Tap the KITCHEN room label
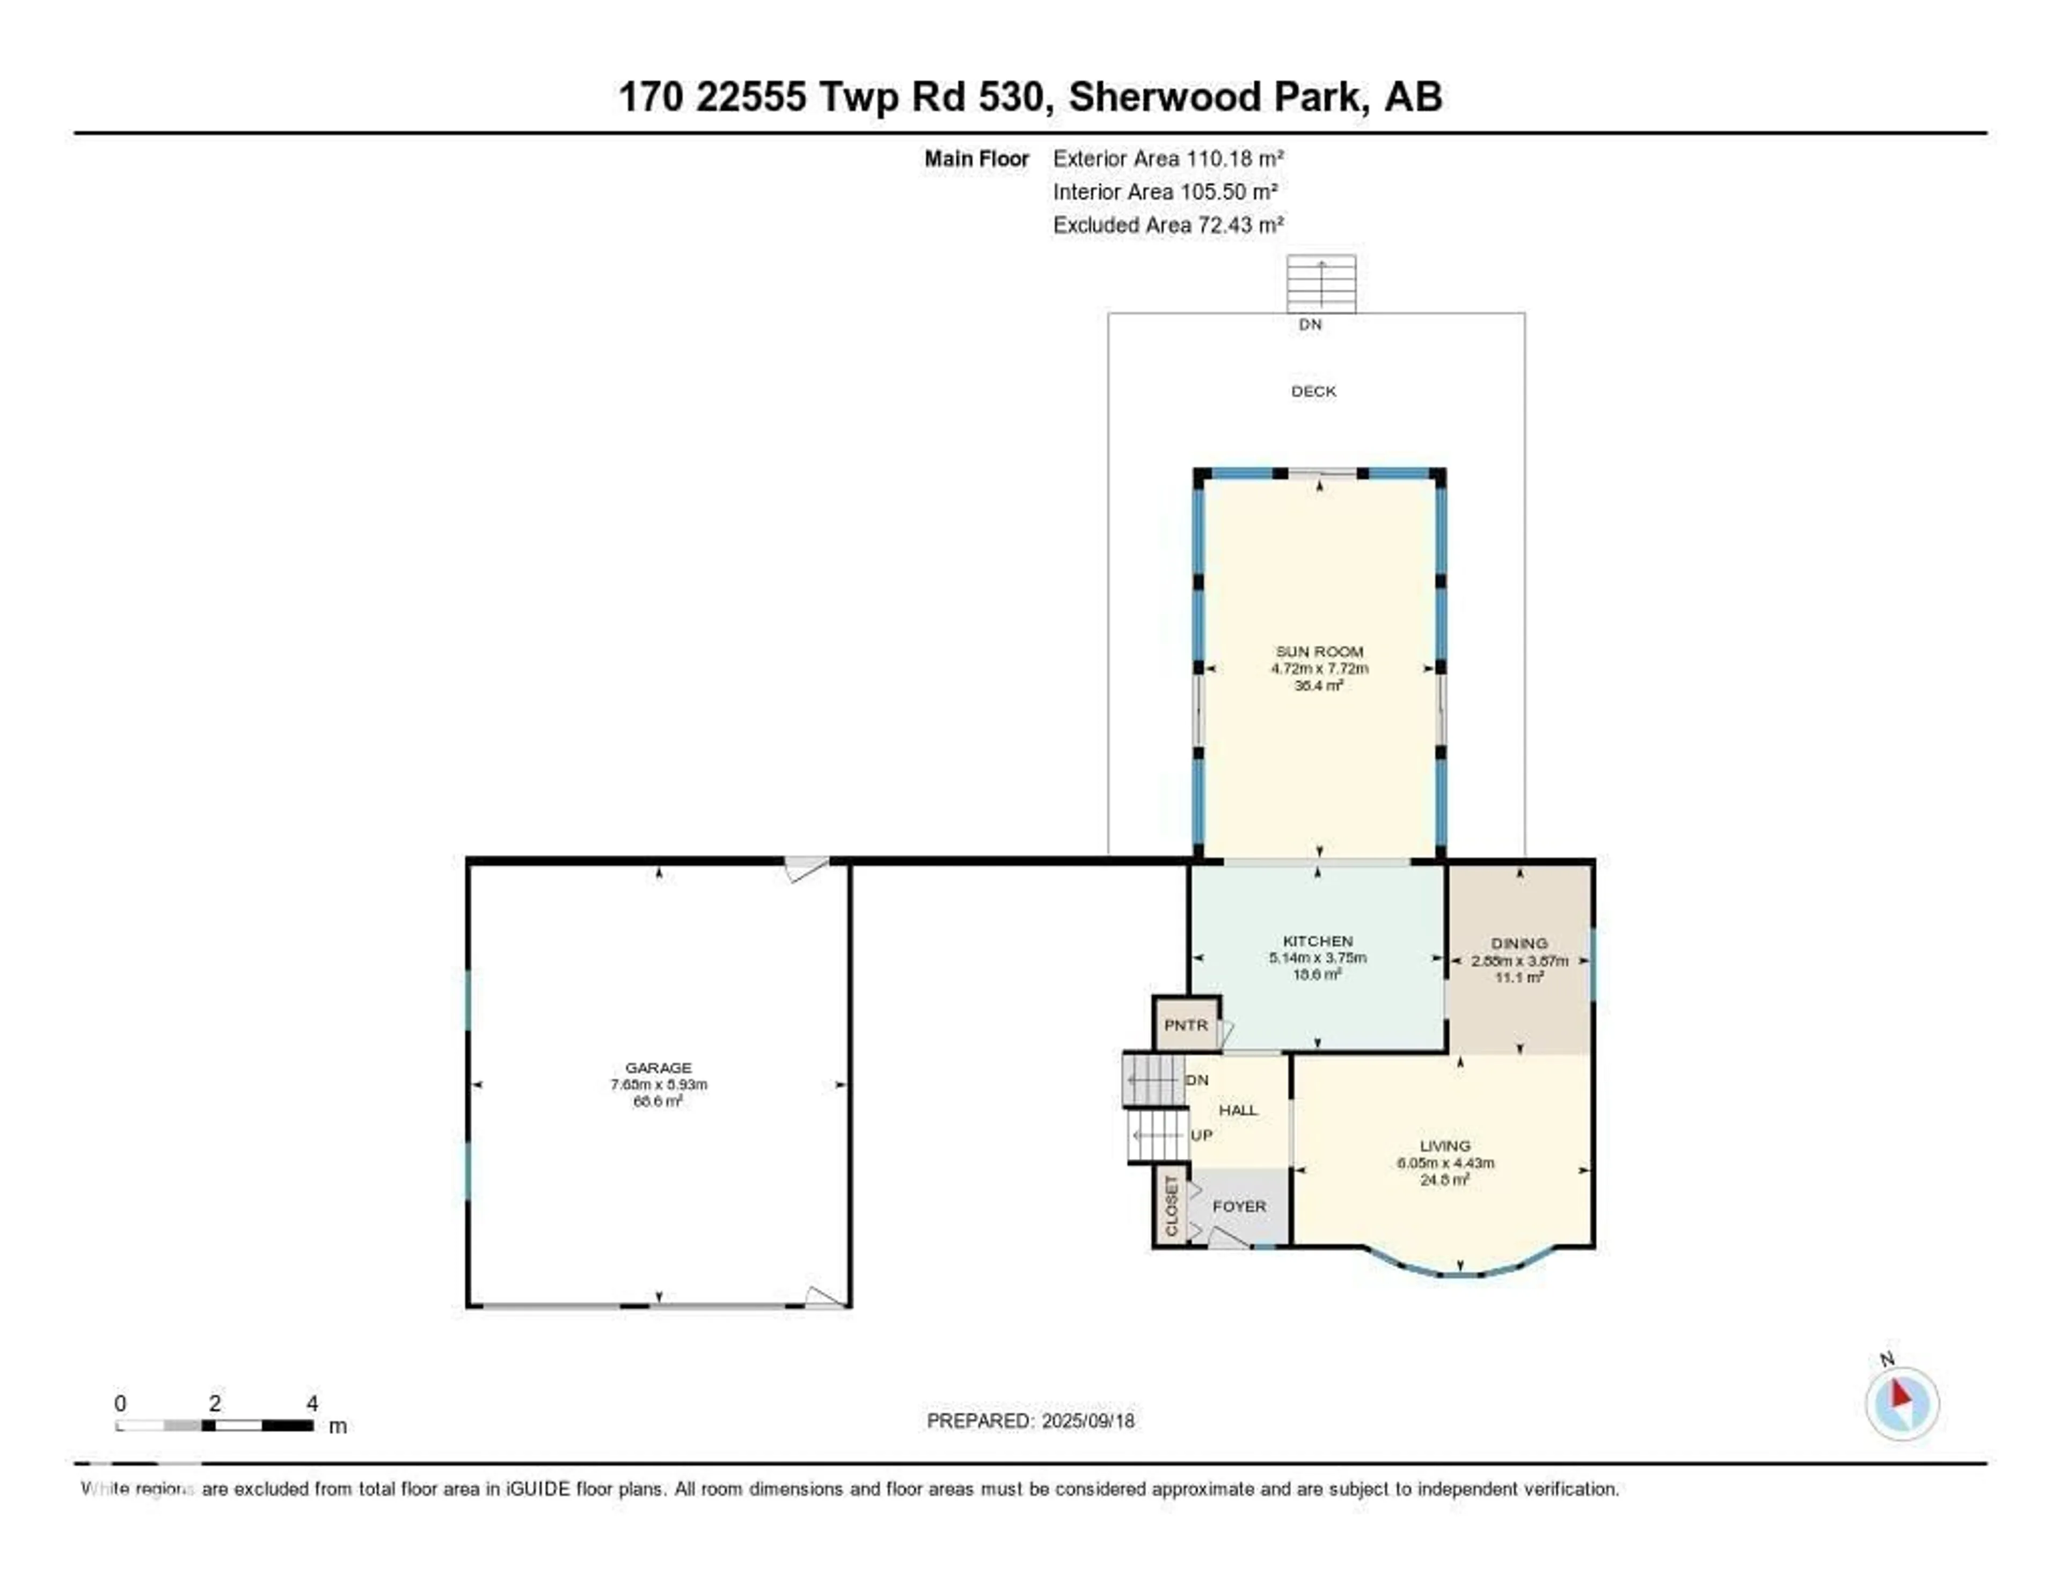(x=1318, y=941)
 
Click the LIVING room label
(x=1445, y=1145)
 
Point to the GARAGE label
(x=659, y=1067)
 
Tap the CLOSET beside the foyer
(x=1171, y=1207)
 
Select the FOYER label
(x=1239, y=1206)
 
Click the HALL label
(x=1238, y=1110)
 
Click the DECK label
(x=1313, y=391)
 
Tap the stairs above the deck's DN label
(x=1321, y=283)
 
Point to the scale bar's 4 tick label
(x=312, y=1403)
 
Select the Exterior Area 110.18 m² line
(x=1168, y=158)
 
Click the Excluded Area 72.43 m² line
(x=1168, y=224)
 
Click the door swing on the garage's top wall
(x=806, y=868)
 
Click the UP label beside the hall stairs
(x=1201, y=1135)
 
